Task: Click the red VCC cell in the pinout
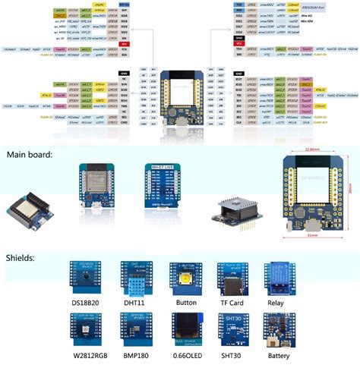239,44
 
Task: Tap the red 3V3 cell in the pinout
124,44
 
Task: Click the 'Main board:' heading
30,155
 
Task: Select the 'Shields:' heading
23,257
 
